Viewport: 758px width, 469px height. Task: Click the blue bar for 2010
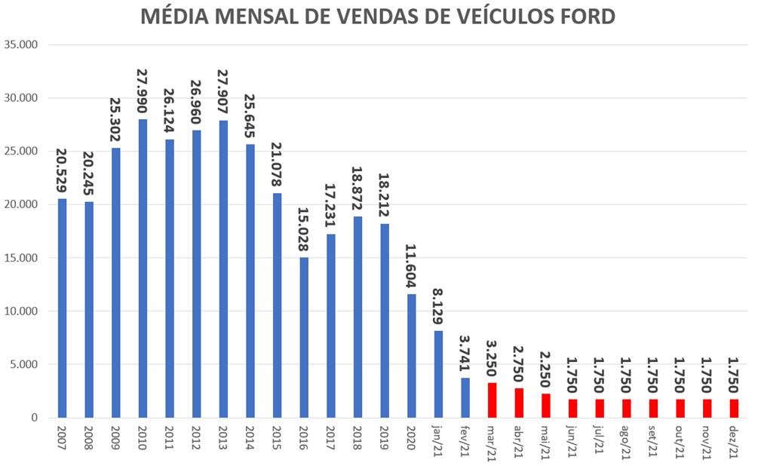click(143, 268)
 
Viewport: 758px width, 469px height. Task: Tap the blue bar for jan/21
click(438, 374)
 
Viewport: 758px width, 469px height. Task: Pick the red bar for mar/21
click(492, 400)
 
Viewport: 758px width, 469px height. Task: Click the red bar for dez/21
click(734, 408)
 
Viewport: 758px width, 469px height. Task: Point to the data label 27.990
click(143, 92)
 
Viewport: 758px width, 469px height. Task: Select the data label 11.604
click(412, 267)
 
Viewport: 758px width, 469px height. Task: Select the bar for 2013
click(223, 268)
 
